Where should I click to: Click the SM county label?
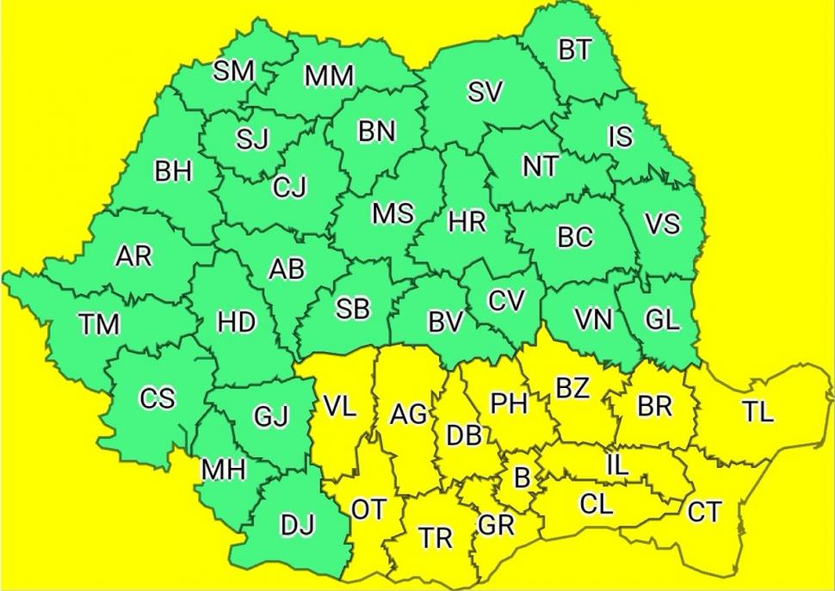233,71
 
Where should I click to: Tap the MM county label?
329,77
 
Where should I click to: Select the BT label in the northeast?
574,50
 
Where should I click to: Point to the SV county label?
485,93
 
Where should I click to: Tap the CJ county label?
289,187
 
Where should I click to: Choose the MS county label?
393,213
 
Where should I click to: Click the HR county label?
467,222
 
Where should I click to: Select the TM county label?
99,324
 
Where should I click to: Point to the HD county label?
236,323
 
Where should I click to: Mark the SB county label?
352,310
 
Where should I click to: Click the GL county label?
662,320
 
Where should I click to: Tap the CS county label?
157,399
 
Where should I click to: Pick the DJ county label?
298,522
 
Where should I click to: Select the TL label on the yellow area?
758,412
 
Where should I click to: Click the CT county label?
704,513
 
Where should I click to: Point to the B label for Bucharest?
521,476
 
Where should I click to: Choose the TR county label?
436,539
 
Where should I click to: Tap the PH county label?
508,403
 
